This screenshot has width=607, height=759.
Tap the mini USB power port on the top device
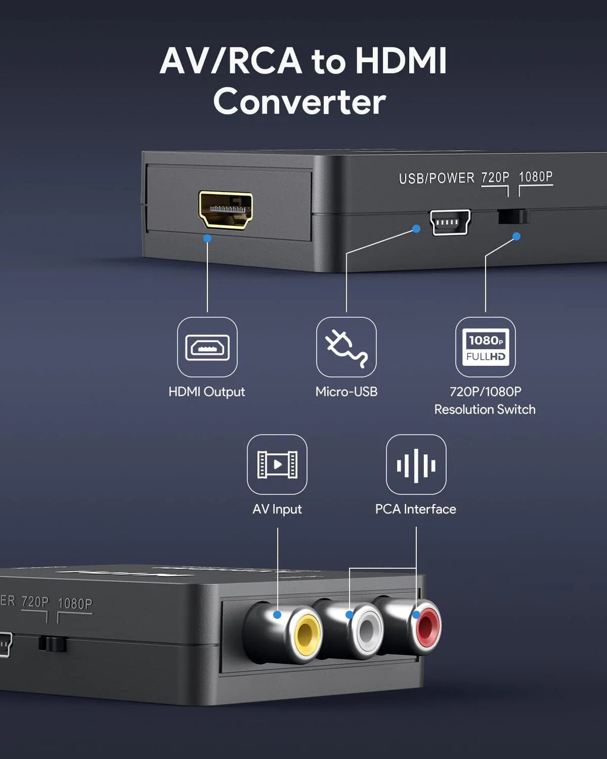click(451, 222)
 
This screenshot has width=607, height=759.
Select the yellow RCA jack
click(307, 635)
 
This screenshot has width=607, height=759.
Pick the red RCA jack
click(427, 626)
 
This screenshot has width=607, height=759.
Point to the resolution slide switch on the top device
click(513, 216)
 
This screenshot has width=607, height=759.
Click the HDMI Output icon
click(207, 347)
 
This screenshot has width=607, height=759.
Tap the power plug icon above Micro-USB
click(346, 347)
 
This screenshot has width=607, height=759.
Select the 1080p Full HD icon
click(485, 347)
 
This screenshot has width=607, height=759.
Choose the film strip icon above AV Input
click(277, 464)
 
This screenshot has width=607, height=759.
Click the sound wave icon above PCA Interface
click(416, 464)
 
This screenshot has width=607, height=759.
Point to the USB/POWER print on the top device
click(436, 178)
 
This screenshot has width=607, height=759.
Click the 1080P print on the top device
click(535, 177)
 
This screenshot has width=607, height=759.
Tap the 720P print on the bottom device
click(35, 602)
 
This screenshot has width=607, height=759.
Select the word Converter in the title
click(299, 101)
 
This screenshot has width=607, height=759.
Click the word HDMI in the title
click(401, 60)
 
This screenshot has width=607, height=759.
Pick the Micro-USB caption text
click(346, 391)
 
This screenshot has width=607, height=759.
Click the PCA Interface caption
click(416, 509)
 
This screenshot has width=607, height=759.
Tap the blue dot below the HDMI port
click(207, 238)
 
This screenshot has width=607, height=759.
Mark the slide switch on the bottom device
click(52, 644)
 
